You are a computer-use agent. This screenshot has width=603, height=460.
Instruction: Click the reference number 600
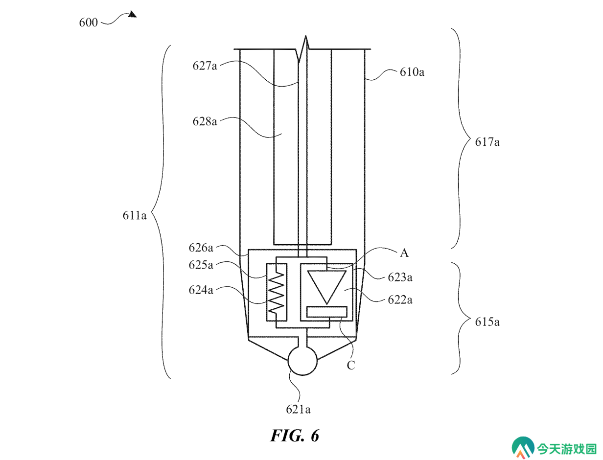point(88,23)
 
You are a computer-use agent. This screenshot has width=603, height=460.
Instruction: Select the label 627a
point(205,66)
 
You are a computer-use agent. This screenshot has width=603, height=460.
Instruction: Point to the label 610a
point(412,72)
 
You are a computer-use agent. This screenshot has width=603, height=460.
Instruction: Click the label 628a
point(205,121)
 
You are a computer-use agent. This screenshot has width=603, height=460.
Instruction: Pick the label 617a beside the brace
point(487,142)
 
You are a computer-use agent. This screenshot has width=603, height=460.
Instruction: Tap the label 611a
point(134,215)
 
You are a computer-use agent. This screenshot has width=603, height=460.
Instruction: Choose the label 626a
point(201,248)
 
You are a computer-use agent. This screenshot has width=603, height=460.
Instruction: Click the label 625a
point(201,265)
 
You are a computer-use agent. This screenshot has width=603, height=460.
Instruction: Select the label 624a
point(201,290)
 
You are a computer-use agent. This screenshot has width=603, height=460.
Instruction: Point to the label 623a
point(400,277)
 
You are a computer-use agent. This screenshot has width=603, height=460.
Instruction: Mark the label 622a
point(400,300)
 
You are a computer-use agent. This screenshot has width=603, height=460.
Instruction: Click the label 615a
point(487,322)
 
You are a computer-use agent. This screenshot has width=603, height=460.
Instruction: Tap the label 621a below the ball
point(298,410)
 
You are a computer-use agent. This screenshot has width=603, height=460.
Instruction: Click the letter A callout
point(404,253)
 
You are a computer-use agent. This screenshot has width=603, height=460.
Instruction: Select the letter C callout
point(351,365)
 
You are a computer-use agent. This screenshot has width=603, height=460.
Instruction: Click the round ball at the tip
point(302,361)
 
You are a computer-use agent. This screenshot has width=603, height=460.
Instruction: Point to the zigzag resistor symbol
point(276,292)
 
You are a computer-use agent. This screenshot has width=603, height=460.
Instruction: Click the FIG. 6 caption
point(295,436)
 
